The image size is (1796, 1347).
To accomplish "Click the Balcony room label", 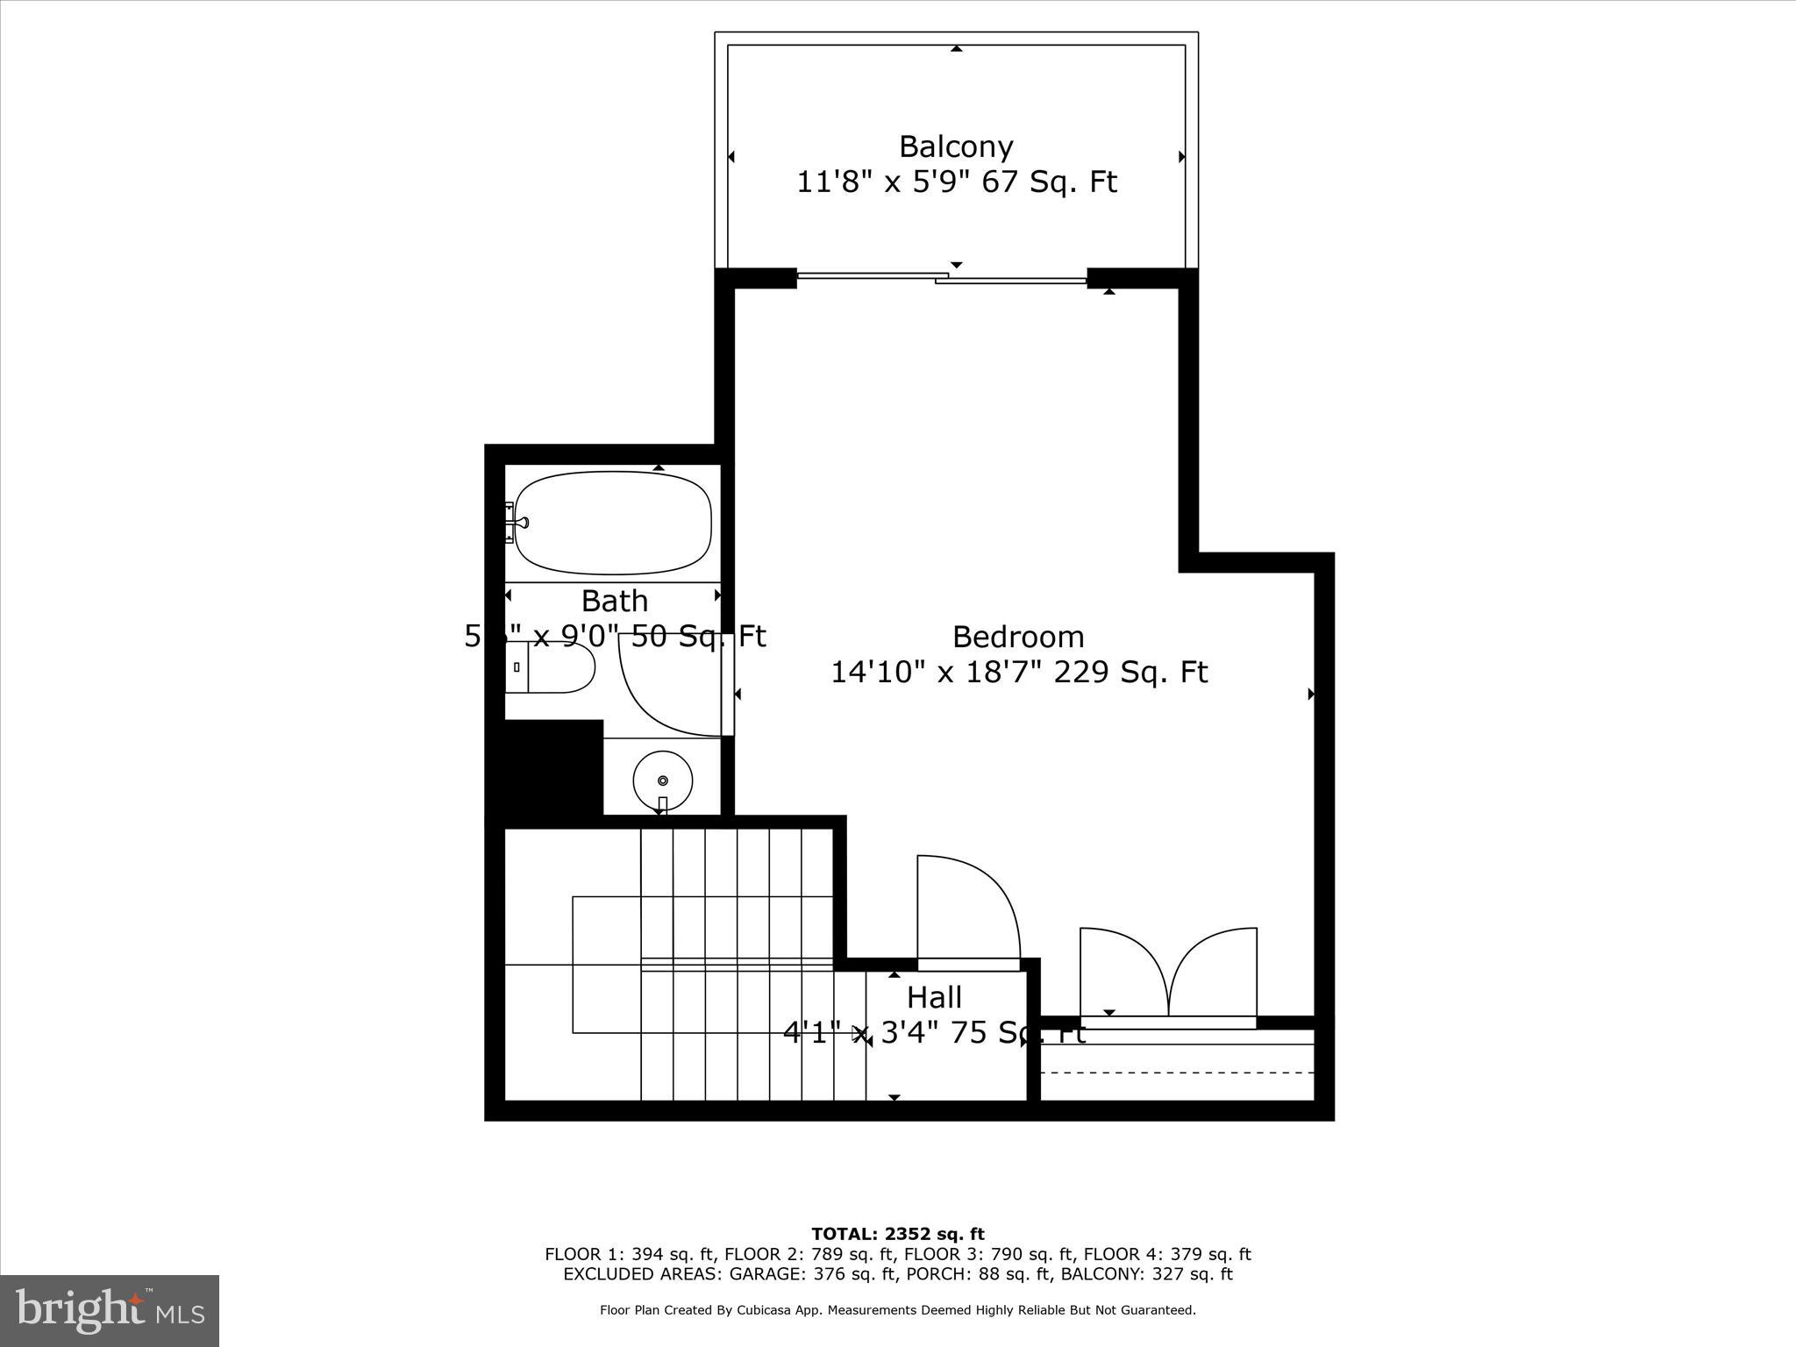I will (956, 146).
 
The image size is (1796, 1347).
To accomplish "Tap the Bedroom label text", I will (1018, 636).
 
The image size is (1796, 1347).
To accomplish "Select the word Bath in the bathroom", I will (615, 601).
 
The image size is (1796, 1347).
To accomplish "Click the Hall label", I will (934, 997).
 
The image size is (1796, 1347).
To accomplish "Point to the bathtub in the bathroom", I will (613, 524).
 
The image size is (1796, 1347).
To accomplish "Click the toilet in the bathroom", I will (552, 666).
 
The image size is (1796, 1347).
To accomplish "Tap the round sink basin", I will (662, 780).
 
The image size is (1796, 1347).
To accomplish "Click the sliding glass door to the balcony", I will (942, 278).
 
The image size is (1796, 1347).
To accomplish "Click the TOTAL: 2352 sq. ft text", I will (898, 1235).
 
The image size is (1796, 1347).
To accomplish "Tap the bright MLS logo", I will (110, 1310).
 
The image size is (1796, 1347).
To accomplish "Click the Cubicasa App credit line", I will (898, 1310).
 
